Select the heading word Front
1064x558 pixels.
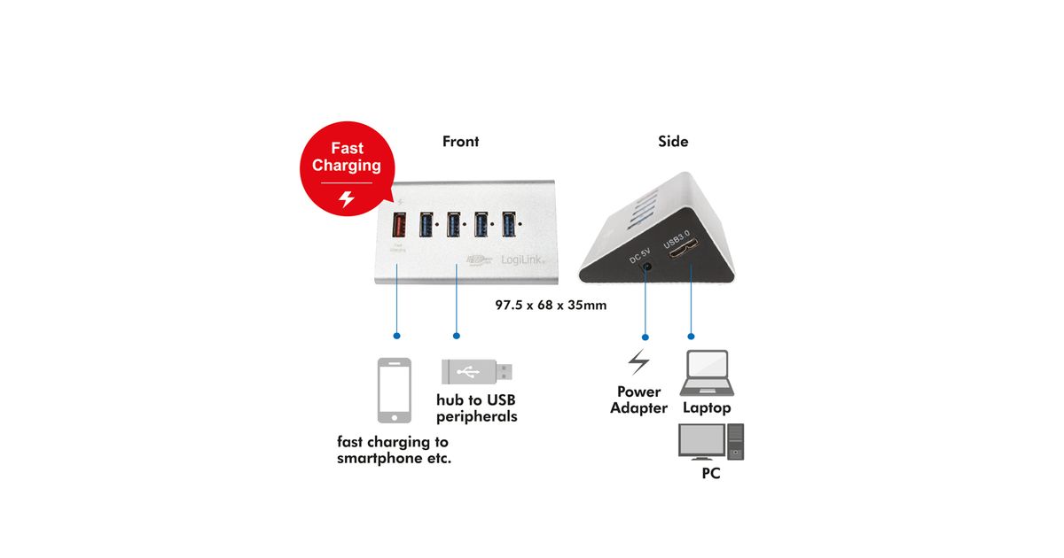point(460,142)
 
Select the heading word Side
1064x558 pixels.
point(673,142)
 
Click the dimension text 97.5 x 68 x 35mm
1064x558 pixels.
point(550,305)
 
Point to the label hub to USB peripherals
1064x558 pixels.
point(476,408)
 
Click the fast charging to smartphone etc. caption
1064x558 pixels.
point(393,450)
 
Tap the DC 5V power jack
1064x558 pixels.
point(647,266)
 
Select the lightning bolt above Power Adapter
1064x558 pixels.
point(638,361)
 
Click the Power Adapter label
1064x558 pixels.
point(638,400)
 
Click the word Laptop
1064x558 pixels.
point(707,408)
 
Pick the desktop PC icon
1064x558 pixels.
point(710,440)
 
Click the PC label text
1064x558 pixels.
point(710,474)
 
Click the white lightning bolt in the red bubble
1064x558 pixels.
point(347,199)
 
